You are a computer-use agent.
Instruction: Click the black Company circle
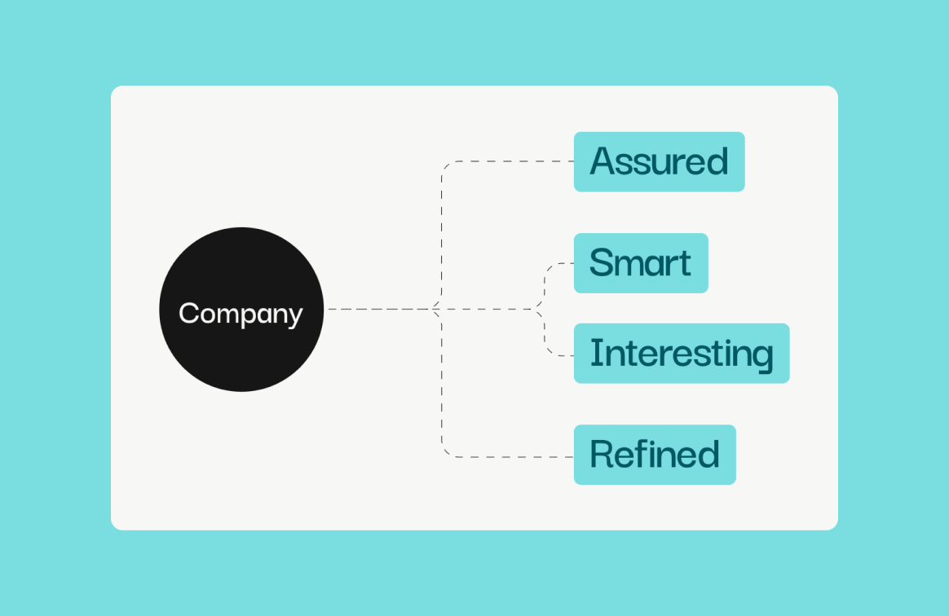241,309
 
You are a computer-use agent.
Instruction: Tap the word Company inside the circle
241,314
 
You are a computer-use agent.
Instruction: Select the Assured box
659,161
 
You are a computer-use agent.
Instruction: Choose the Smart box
641,263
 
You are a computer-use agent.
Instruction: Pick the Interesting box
682,354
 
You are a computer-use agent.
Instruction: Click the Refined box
655,455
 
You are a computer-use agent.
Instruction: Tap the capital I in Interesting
594,353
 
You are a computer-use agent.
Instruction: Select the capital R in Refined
602,455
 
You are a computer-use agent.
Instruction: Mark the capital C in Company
189,313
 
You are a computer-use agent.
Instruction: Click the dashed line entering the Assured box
507,161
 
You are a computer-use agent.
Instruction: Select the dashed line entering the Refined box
507,457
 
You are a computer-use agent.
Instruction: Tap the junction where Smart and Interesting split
538,309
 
